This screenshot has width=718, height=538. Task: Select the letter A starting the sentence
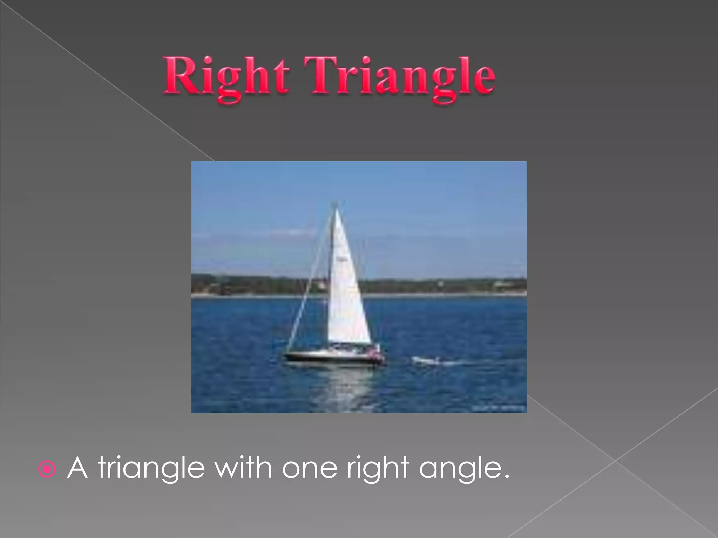77,468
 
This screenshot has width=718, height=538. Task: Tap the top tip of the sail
336,209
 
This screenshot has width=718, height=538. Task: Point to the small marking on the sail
341,258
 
